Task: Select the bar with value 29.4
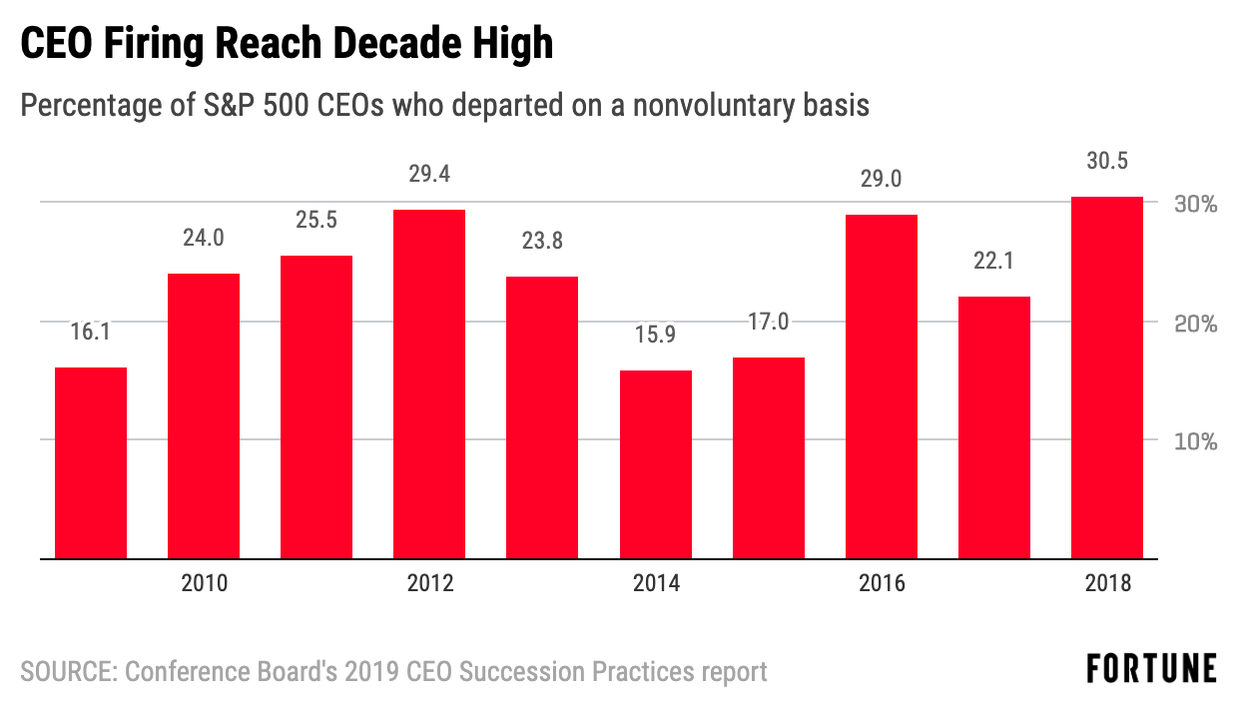[x=429, y=383]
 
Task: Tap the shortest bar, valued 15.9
[x=655, y=464]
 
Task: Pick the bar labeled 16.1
[x=91, y=462]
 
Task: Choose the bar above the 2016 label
[x=881, y=386]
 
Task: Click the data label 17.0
[x=768, y=323]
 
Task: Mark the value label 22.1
[x=993, y=263]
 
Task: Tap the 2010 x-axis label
[x=204, y=584]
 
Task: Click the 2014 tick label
[x=655, y=584]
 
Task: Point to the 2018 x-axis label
[x=1106, y=584]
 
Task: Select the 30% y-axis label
[x=1194, y=204]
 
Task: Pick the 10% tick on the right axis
[x=1194, y=441]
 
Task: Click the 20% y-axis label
[x=1194, y=324]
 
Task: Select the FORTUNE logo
[x=1151, y=669]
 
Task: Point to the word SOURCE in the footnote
[x=66, y=671]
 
